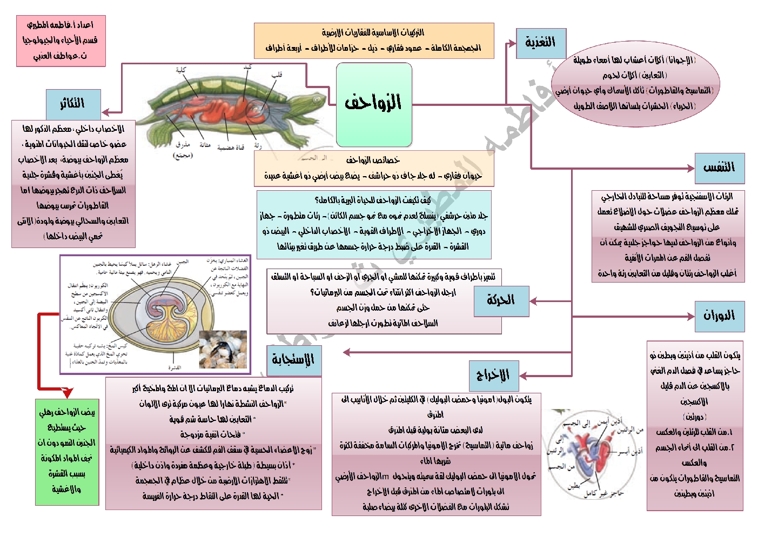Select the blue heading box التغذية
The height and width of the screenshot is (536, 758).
tap(541, 43)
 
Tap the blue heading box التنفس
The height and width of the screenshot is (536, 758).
tap(719, 168)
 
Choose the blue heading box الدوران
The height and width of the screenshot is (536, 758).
tap(719, 316)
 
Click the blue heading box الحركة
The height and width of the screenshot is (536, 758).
tap(501, 301)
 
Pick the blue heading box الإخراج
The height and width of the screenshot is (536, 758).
tap(493, 375)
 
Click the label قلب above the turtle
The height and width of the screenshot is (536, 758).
tap(277, 75)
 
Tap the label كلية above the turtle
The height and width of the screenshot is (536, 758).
tap(181, 70)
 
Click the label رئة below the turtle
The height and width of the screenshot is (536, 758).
tap(258, 146)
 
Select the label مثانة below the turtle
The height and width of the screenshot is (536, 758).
tap(205, 145)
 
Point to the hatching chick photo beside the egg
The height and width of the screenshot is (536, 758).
tap(223, 350)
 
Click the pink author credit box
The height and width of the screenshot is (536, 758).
tap(61, 41)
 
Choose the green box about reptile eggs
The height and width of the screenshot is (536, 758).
tap(67, 452)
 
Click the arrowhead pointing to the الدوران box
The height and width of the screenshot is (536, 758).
tap(690, 316)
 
